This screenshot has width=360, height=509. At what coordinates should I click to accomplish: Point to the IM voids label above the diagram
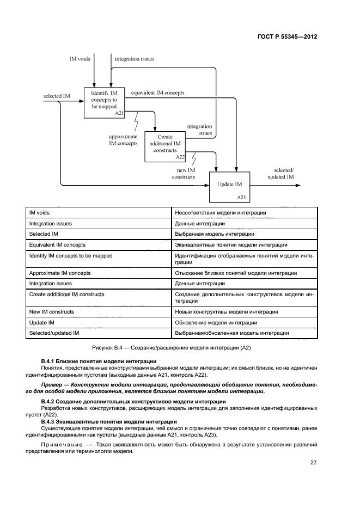tap(80, 58)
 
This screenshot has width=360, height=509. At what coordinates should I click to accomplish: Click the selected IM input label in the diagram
tap(57, 96)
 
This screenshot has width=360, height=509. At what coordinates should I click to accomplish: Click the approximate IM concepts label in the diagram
tap(123, 140)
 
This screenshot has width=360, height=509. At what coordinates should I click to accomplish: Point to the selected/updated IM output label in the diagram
tap(281, 173)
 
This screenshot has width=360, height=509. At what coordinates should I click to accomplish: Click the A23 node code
tap(241, 198)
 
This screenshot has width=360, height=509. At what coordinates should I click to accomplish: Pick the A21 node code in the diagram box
tap(119, 113)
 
